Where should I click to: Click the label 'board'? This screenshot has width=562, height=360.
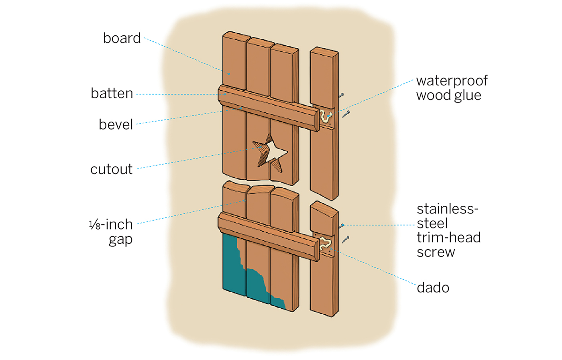click(x=122, y=38)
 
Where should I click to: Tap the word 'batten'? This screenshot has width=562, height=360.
click(x=112, y=94)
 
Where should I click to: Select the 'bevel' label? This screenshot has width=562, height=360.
click(x=116, y=124)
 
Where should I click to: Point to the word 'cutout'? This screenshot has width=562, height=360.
click(x=112, y=169)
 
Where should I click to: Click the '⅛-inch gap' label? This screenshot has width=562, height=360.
click(x=111, y=232)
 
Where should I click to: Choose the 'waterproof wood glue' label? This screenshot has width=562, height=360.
click(x=452, y=88)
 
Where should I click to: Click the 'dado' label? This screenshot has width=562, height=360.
click(x=433, y=288)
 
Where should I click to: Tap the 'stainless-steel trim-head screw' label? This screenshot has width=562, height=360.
click(x=449, y=230)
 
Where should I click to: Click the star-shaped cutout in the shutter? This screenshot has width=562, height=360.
click(x=271, y=153)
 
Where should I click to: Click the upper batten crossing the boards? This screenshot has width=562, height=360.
click(x=268, y=108)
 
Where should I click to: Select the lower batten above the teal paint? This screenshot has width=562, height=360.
click(x=268, y=236)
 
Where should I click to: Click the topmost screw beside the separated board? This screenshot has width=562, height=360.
click(x=341, y=95)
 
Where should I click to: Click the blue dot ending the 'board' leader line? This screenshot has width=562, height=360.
click(x=229, y=74)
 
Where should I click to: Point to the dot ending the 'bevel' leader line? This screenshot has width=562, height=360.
click(x=241, y=108)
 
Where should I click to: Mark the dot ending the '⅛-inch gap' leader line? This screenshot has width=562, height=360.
click(x=245, y=200)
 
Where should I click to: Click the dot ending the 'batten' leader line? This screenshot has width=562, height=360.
click(x=225, y=94)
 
